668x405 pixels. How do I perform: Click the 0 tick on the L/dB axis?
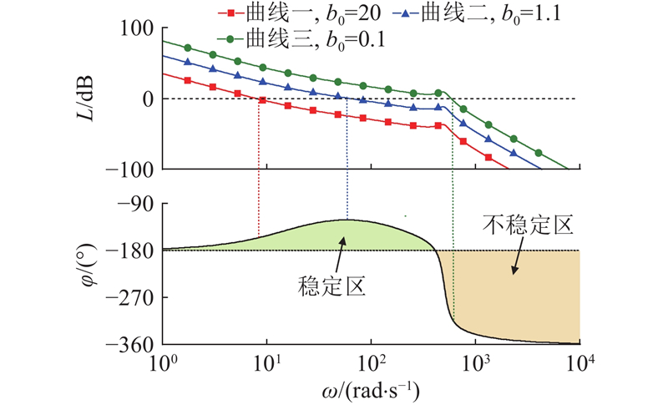tap(147, 99)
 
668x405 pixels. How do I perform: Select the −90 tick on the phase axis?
tap(137, 203)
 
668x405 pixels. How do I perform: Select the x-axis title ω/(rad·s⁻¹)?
tap(371, 390)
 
